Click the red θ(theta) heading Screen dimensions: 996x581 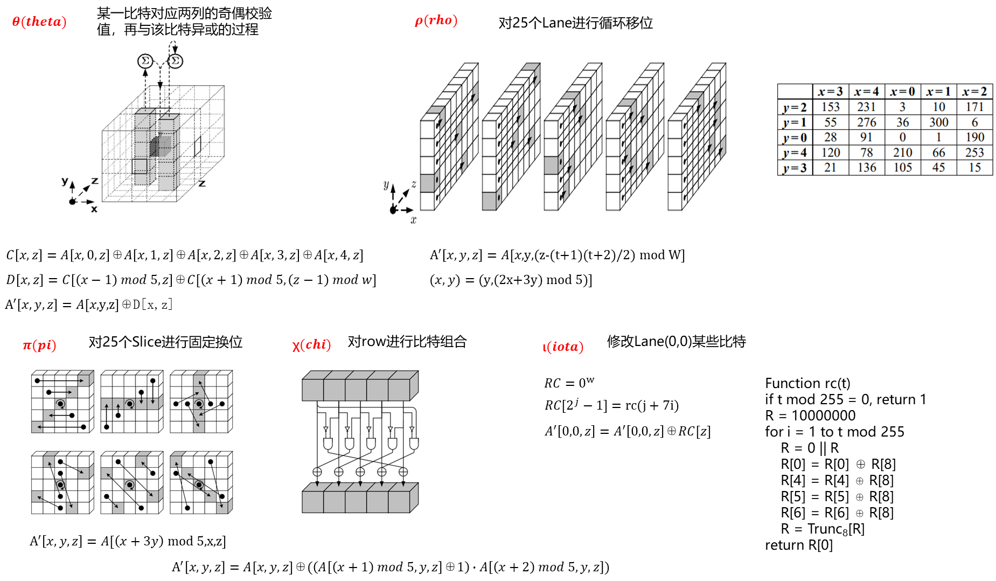[x=39, y=22]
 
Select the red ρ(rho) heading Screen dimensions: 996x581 [x=436, y=20]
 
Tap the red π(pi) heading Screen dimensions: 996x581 [x=39, y=345]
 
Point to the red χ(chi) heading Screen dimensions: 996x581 [x=311, y=345]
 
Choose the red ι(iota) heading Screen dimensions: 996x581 [x=563, y=347]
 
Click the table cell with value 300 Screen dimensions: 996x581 [x=939, y=122]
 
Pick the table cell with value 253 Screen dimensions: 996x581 [x=975, y=153]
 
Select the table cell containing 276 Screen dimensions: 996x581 [x=867, y=122]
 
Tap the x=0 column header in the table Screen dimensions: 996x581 [x=903, y=92]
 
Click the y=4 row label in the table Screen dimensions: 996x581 [x=795, y=153]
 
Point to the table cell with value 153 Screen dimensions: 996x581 [x=831, y=107]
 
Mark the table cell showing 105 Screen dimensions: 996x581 [x=903, y=168]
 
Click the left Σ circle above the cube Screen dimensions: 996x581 [x=145, y=61]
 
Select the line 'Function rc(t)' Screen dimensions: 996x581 [x=807, y=383]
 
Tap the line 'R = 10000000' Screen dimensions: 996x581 [x=810, y=416]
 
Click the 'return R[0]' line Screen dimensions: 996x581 [x=799, y=545]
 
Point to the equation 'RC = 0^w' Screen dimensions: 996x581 [x=569, y=382]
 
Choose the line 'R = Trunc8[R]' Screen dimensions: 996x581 [x=823, y=529]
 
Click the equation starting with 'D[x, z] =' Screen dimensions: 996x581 [x=191, y=280]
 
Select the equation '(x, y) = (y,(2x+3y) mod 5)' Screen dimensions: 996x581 [x=511, y=280]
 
